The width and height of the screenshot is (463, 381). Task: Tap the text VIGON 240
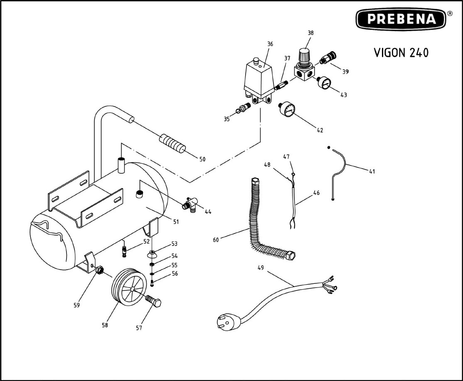(x=401, y=53)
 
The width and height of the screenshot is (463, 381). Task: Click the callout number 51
(x=176, y=222)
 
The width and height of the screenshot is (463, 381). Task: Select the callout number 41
(x=372, y=171)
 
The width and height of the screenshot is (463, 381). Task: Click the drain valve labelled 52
(x=123, y=251)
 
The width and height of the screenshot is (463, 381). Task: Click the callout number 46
(x=317, y=192)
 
